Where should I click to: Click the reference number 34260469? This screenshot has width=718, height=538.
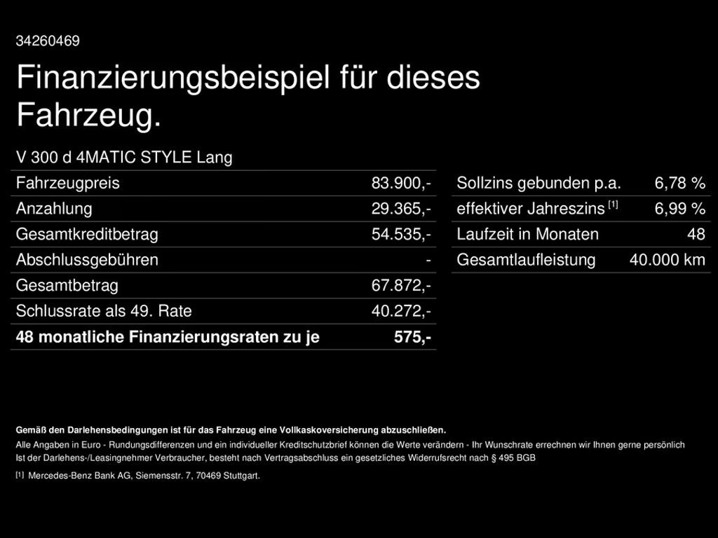coord(48,41)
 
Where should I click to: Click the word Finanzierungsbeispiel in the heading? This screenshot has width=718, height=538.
coord(172,77)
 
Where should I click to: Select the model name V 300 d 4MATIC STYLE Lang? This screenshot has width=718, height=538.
coord(124,158)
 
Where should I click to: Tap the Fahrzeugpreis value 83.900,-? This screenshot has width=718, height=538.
coord(401,184)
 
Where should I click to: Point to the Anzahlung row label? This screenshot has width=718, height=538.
coord(54,209)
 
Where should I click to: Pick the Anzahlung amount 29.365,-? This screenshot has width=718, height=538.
coord(401,209)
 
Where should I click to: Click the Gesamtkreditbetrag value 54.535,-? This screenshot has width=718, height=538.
coord(401,235)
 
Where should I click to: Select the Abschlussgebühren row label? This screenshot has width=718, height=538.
coord(87,260)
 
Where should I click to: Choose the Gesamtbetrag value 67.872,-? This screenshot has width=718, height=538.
coord(401,286)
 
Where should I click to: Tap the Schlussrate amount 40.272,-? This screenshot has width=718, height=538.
coord(401,311)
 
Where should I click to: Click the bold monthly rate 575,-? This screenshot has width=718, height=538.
coord(412,337)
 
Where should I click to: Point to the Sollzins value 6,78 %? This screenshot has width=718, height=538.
coord(680,184)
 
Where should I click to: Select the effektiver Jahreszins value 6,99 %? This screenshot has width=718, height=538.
coord(680,209)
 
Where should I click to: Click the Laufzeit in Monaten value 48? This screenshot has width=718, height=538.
coord(696,235)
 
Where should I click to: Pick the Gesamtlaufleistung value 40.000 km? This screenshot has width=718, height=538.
coord(668,260)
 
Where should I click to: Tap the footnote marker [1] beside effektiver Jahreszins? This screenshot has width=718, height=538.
coord(613,205)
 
